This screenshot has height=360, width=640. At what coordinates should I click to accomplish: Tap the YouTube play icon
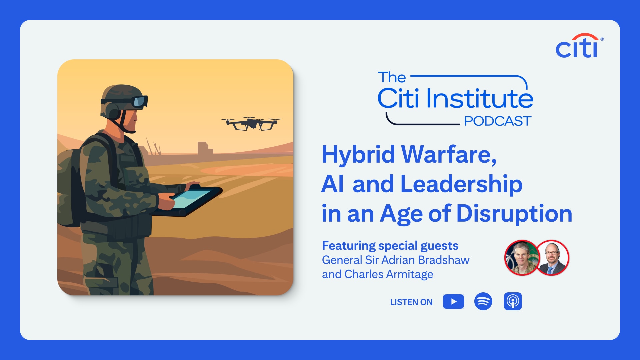coord(453,301)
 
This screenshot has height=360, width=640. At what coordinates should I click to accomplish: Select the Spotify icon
coord(483,301)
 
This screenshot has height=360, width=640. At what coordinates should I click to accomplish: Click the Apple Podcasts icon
coord(513,301)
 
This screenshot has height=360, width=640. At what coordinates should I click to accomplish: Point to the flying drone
coord(252,123)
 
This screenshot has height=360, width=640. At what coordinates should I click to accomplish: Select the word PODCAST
coord(497,121)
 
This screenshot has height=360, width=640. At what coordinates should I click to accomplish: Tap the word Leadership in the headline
coord(461,184)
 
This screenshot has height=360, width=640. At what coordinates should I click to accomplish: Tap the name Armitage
coord(410,274)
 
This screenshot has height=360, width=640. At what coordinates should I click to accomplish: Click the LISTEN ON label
coord(411,302)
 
